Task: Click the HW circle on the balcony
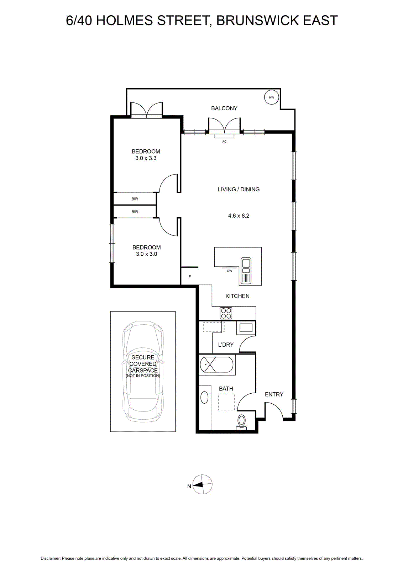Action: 272,97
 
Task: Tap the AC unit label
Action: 224,142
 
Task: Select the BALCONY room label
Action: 224,108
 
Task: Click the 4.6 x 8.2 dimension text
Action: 239,216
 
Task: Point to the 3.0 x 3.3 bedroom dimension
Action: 146,158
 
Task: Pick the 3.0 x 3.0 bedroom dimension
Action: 146,254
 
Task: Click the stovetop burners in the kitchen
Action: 226,313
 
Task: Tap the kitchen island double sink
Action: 246,271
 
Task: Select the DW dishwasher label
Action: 230,271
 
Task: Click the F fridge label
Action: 189,277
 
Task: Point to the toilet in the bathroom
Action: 241,422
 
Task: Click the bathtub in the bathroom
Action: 216,365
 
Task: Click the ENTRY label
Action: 274,394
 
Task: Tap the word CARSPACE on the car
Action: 143,370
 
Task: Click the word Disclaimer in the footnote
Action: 50,559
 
